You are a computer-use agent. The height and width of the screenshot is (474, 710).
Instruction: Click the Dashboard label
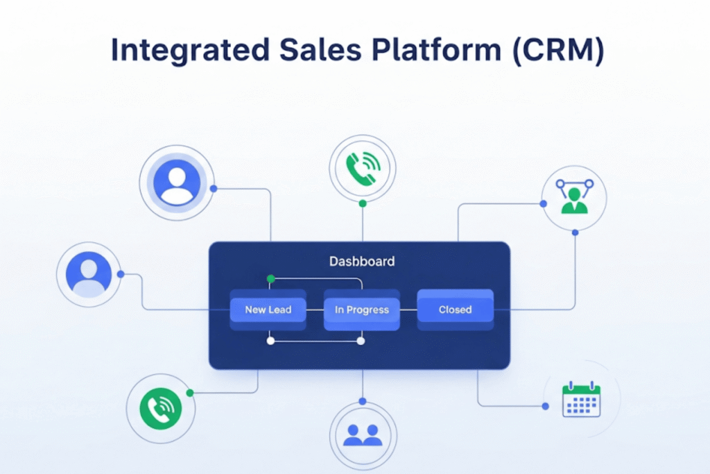[361, 262]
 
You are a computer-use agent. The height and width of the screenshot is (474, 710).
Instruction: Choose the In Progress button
[362, 310]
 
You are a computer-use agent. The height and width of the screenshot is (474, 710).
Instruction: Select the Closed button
[455, 310]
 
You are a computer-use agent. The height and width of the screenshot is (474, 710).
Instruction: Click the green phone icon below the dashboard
[160, 408]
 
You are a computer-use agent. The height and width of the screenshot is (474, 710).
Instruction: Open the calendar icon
[581, 399]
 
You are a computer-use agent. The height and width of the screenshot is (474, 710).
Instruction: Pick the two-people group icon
[363, 434]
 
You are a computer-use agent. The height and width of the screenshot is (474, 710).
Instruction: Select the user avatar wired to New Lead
[88, 273]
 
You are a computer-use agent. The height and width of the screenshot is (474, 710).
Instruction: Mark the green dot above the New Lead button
[270, 279]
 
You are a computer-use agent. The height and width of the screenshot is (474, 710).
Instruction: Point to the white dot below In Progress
[361, 341]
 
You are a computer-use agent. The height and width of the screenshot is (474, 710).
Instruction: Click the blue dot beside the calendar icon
[546, 406]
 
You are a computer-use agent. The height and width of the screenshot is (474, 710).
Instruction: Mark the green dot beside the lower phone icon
[190, 393]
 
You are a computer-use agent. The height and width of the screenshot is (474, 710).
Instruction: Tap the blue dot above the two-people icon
[363, 401]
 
